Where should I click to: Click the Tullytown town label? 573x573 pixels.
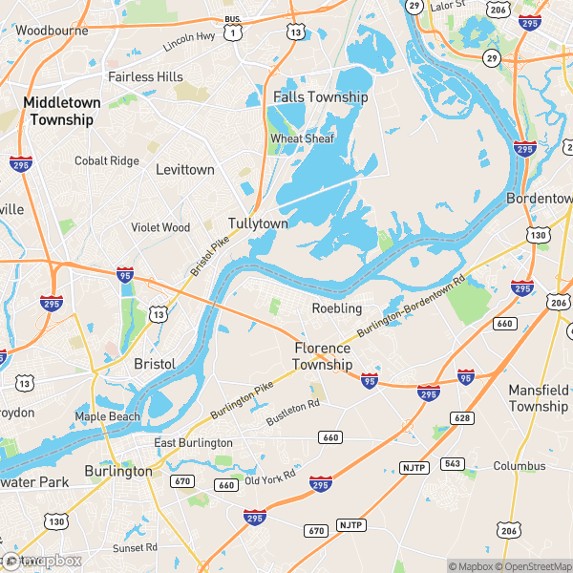coord(258,223)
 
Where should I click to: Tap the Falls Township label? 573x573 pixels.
coord(320,97)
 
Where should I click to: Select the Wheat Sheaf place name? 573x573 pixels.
coord(302,138)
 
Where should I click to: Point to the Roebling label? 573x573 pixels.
coord(337,308)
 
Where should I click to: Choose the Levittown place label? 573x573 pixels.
coord(185,169)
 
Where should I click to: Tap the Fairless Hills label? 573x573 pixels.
coord(145,76)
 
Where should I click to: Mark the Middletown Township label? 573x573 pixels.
coord(59,110)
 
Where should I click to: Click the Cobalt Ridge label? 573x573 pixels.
coord(107,160)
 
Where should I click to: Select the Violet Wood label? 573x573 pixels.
coord(160,227)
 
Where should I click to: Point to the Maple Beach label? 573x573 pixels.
coord(108,416)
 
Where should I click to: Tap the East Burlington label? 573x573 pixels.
coord(194,443)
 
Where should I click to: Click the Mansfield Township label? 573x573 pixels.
coord(538,398)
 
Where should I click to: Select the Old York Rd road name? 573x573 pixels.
coord(271,477)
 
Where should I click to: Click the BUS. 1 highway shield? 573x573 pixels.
coord(232,27)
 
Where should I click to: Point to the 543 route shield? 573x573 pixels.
coord(453,464)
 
